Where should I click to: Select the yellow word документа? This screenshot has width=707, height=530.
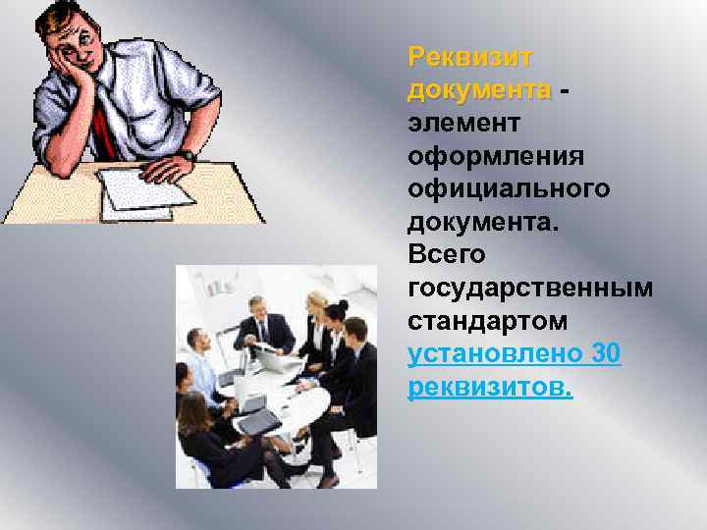point(479,90)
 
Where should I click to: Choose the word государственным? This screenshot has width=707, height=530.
point(530,289)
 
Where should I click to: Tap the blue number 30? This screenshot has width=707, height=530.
point(607,354)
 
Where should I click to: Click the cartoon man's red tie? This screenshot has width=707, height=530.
point(103,123)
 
